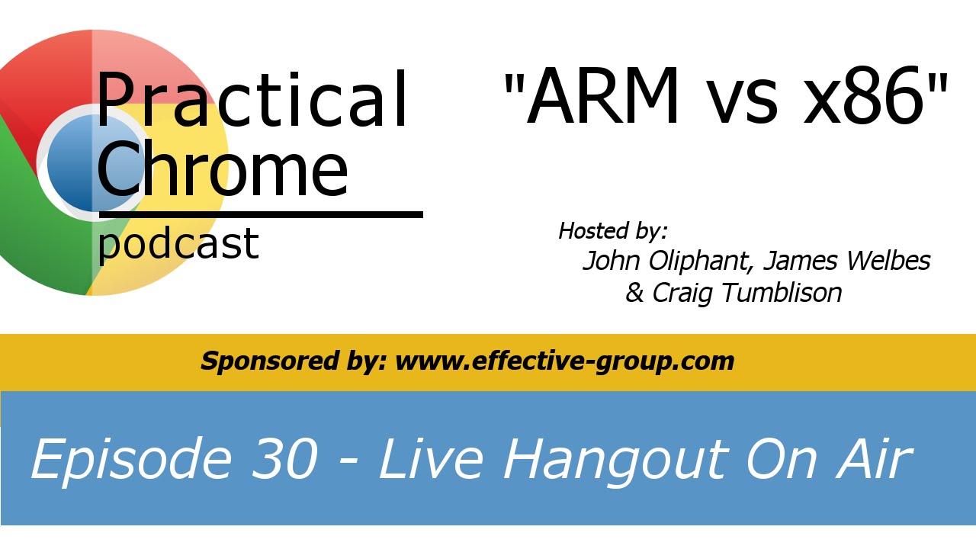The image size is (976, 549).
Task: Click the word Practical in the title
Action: click(x=252, y=101)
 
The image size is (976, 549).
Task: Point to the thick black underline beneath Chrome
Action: click(x=259, y=215)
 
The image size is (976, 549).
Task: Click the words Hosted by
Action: click(x=613, y=230)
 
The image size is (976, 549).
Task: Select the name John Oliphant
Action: click(x=669, y=262)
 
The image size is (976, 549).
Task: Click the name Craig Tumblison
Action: click(x=746, y=293)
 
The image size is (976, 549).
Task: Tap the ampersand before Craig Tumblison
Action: click(x=634, y=293)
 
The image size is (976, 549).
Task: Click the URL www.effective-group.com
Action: click(x=564, y=361)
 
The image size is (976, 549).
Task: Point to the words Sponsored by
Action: click(x=293, y=361)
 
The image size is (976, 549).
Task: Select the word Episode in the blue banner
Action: click(x=130, y=460)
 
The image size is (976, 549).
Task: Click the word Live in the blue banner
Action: click(x=431, y=460)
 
